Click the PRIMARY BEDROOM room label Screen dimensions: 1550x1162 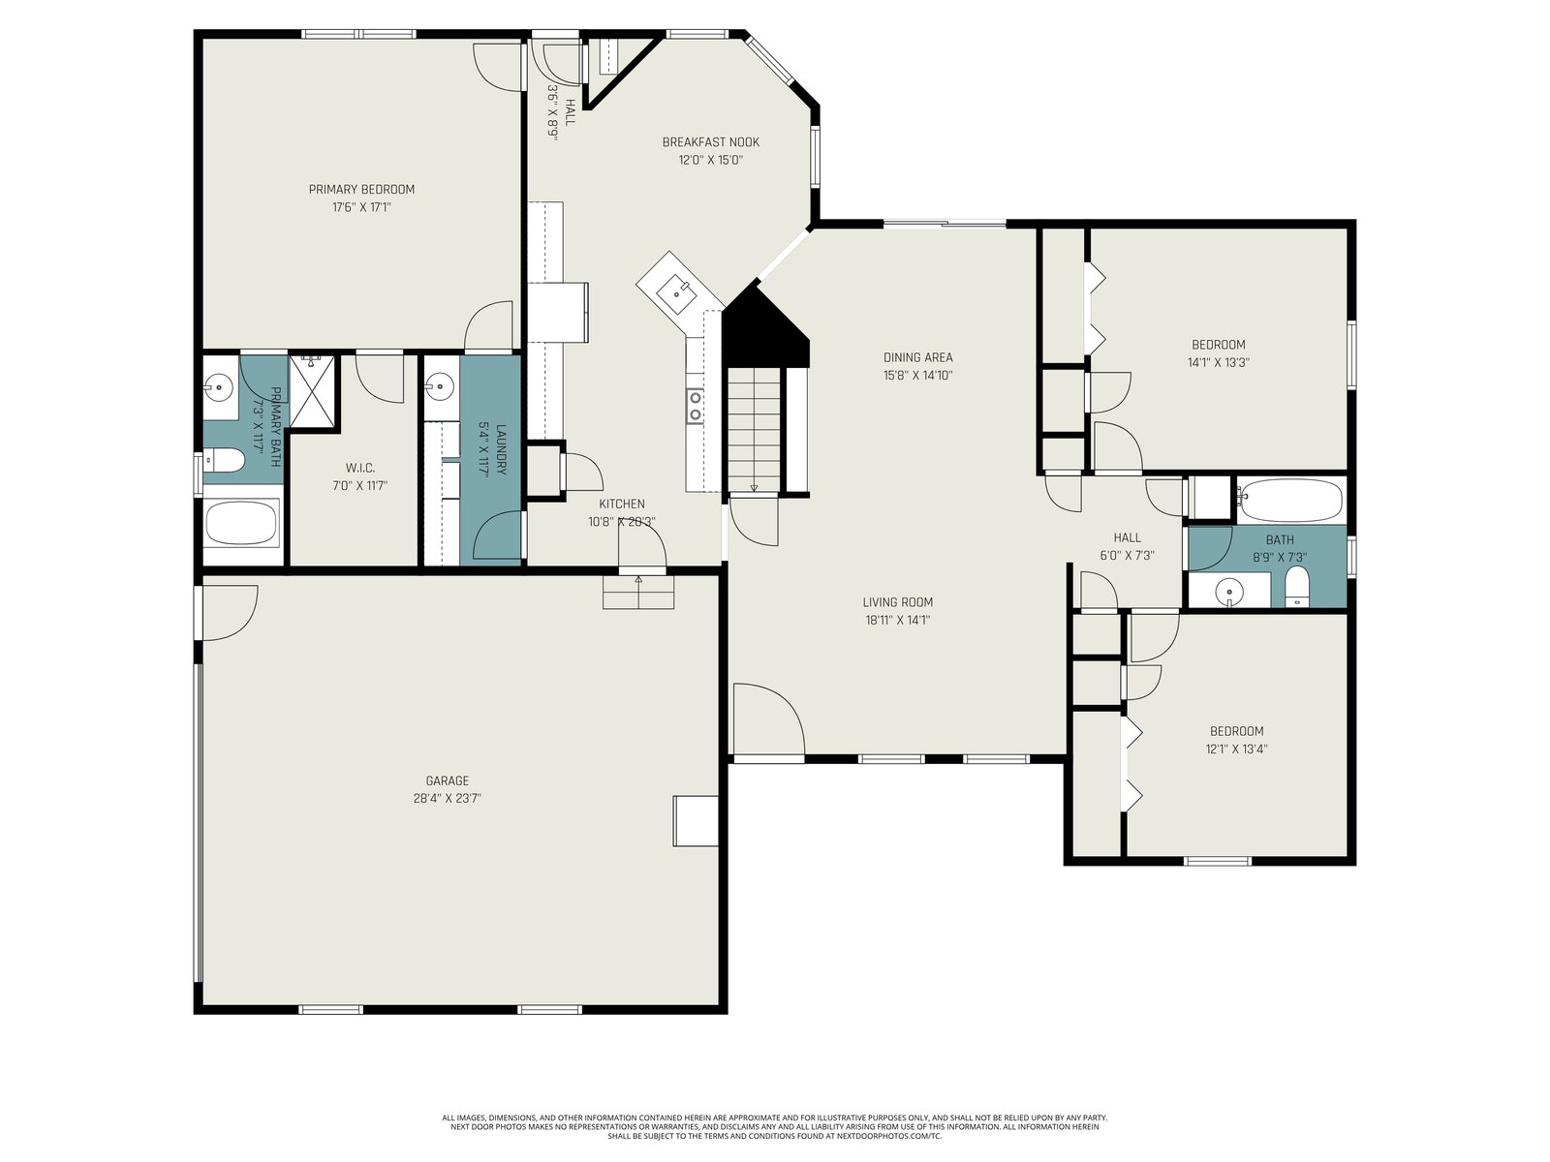[361, 189]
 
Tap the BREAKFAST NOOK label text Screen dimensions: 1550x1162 [710, 141]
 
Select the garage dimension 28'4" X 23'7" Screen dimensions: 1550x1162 [447, 799]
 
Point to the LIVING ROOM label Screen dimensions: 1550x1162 [897, 601]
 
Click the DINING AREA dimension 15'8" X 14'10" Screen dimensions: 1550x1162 [918, 376]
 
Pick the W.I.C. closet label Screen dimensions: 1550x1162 [360, 468]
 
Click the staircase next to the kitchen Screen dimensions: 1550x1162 [755, 430]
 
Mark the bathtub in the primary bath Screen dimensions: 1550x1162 [241, 523]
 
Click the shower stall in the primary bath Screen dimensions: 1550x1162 [311, 390]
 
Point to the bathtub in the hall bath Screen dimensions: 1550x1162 [1290, 501]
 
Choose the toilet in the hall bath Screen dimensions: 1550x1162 [1297, 587]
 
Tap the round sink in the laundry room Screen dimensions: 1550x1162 [439, 386]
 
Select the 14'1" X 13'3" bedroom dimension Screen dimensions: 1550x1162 [1218, 362]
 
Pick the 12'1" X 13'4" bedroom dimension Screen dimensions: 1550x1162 [1236, 749]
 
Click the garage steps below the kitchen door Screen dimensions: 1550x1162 [638, 592]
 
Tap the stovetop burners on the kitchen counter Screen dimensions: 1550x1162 [695, 406]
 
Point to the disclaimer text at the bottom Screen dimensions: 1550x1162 [775, 1127]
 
